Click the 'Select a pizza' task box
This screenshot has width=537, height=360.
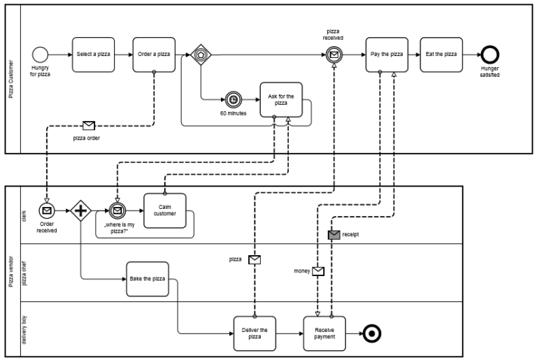point(93,55)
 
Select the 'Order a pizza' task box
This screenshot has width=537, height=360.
point(154,55)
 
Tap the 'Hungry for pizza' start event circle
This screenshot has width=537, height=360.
point(40,55)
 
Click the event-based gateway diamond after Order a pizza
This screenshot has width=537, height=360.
point(201,55)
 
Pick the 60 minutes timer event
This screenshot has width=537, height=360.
point(233,99)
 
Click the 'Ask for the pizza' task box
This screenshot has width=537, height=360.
point(281,99)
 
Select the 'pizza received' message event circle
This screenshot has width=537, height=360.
point(335,55)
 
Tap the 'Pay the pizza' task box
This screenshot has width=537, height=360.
point(387,55)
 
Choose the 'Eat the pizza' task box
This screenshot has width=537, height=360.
point(441,55)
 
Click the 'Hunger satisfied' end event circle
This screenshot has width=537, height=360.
point(489,55)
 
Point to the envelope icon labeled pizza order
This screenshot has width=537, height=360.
point(88,126)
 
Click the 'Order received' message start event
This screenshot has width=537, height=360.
point(47,210)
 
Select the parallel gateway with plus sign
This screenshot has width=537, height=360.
point(81,210)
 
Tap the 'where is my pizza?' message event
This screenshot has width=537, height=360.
point(117,210)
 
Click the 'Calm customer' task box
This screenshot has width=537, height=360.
point(165,210)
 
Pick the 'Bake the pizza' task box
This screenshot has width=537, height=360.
point(148,279)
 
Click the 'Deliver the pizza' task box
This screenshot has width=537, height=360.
point(255,333)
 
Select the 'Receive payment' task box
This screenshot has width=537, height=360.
point(325,333)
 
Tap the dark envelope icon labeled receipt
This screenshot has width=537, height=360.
point(334,234)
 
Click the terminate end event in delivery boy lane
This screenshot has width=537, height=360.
point(373,333)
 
